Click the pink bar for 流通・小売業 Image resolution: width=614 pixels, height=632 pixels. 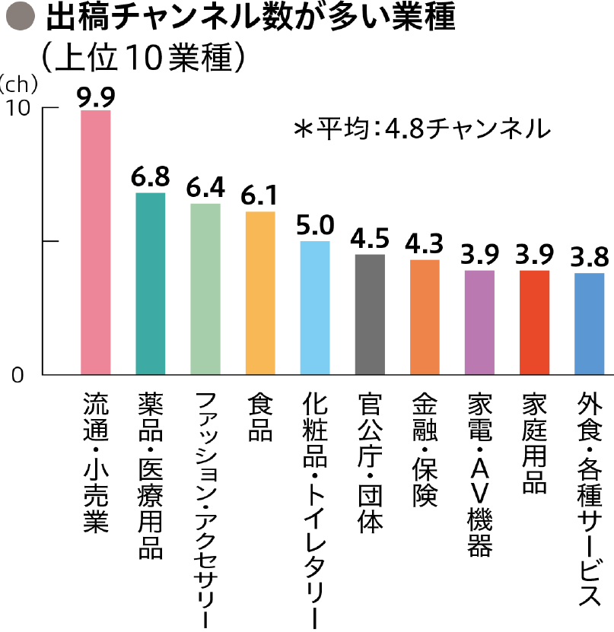click(96, 243)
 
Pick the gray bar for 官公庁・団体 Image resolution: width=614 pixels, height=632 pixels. click(370, 315)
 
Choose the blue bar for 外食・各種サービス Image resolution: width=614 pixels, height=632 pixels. click(589, 324)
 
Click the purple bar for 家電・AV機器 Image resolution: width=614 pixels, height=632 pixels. click(479, 322)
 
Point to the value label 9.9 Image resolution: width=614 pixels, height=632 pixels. click(96, 97)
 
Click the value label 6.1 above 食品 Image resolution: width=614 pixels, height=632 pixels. click(259, 197)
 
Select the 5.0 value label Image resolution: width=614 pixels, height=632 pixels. click(315, 226)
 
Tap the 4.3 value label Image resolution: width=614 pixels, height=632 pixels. click(425, 245)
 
